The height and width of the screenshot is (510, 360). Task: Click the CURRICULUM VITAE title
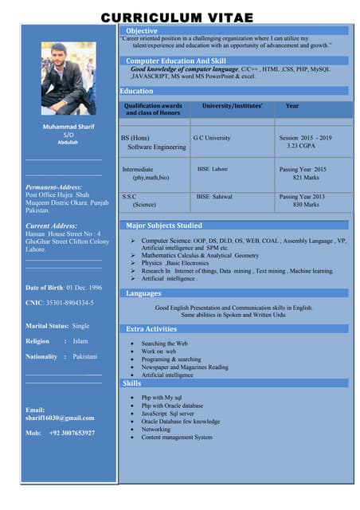177,18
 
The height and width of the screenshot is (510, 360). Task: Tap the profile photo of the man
68,78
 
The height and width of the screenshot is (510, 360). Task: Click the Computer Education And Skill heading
176,61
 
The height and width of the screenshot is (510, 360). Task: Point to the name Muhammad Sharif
68,127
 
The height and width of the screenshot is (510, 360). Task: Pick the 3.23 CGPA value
303,147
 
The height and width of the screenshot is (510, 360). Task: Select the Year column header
292,106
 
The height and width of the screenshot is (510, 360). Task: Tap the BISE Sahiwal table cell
214,196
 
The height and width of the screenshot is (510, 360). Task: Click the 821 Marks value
305,178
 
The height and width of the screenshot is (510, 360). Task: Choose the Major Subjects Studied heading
164,226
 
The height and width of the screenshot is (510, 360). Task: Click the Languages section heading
143,293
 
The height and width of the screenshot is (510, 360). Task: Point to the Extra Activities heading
151,328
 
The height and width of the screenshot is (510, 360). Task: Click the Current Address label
51,226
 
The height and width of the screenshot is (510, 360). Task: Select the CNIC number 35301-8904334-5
60,303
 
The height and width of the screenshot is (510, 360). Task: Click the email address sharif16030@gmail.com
60,418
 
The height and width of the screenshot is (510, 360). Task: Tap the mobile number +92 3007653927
60,433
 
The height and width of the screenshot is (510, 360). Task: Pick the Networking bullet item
156,429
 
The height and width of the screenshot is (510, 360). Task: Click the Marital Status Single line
57,325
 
